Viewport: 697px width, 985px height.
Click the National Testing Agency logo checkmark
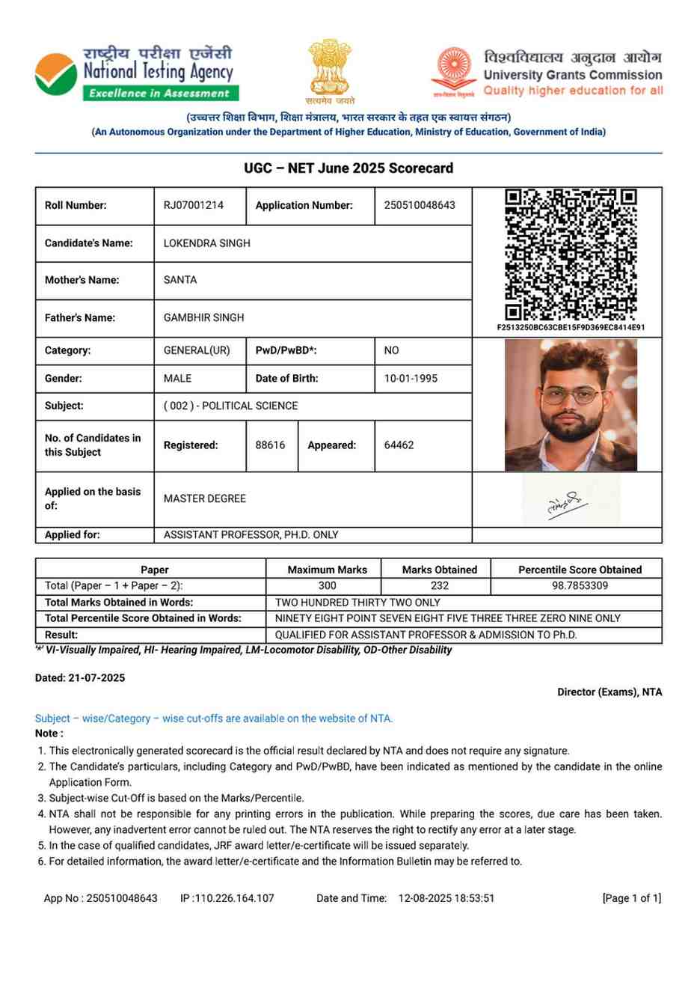pyautogui.click(x=56, y=75)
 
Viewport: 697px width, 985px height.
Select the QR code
pyautogui.click(x=571, y=254)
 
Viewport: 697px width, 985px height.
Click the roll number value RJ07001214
pyautogui.click(x=194, y=205)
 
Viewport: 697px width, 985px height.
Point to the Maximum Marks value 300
pyautogui.click(x=327, y=586)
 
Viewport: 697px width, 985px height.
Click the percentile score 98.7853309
pyautogui.click(x=580, y=586)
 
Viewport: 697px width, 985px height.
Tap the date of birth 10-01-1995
pyautogui.click(x=411, y=379)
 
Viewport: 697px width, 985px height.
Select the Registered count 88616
pyautogui.click(x=270, y=445)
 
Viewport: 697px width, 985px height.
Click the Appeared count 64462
pyautogui.click(x=399, y=445)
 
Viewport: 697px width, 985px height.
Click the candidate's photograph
pyautogui.click(x=571, y=405)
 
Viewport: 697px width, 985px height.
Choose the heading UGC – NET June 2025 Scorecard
pyautogui.click(x=348, y=168)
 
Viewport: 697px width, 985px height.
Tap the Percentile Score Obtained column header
pyautogui.click(x=580, y=570)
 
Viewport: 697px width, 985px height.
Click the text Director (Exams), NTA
pyautogui.click(x=610, y=692)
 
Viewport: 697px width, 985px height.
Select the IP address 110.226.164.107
pyautogui.click(x=234, y=898)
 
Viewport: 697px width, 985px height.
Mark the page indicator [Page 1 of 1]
pyautogui.click(x=631, y=898)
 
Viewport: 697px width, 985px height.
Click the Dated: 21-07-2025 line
pyautogui.click(x=80, y=678)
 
